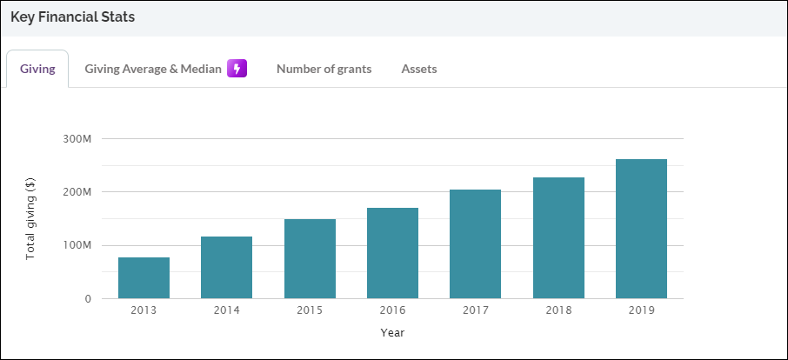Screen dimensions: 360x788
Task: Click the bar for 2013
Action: click(x=144, y=278)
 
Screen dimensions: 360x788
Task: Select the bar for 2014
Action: click(x=226, y=268)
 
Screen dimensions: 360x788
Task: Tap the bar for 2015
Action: click(x=310, y=259)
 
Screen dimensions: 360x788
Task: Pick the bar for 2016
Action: click(x=392, y=253)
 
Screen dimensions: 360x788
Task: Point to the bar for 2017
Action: click(x=475, y=244)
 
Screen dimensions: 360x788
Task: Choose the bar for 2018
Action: click(x=558, y=238)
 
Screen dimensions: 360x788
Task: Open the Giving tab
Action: click(x=37, y=69)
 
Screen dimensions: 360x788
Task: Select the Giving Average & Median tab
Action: click(x=153, y=69)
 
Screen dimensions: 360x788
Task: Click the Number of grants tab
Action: click(x=324, y=69)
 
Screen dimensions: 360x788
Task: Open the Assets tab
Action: click(x=418, y=69)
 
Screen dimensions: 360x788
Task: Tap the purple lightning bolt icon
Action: click(x=237, y=69)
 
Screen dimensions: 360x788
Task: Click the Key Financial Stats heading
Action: click(x=72, y=17)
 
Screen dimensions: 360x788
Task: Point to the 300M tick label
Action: click(x=77, y=138)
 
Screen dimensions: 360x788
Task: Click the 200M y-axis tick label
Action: click(x=77, y=192)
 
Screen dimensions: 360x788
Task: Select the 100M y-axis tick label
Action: click(x=77, y=246)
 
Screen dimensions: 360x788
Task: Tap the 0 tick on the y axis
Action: click(x=87, y=299)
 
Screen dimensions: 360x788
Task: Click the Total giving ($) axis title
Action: click(x=30, y=218)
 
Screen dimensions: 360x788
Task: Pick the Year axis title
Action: click(x=392, y=332)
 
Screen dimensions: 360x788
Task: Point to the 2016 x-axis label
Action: click(x=392, y=310)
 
